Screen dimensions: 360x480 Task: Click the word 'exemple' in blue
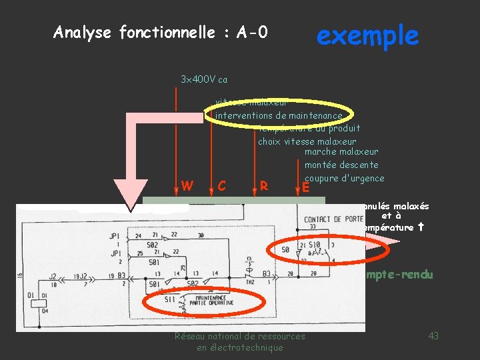click(x=367, y=35)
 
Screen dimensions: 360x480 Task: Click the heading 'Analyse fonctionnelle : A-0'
click(x=161, y=32)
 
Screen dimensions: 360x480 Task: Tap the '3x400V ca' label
click(x=203, y=79)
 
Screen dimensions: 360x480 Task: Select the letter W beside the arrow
click(x=187, y=185)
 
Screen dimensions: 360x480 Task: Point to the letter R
click(x=264, y=186)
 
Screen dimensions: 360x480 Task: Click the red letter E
click(x=305, y=188)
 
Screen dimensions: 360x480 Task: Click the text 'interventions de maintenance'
click(x=279, y=116)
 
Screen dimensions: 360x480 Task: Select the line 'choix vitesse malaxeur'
click(x=307, y=141)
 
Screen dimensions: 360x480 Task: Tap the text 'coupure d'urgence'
click(x=344, y=178)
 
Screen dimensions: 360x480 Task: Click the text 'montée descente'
click(x=341, y=165)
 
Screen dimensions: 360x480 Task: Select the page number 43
click(x=433, y=336)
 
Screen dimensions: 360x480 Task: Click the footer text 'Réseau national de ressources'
click(x=239, y=336)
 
